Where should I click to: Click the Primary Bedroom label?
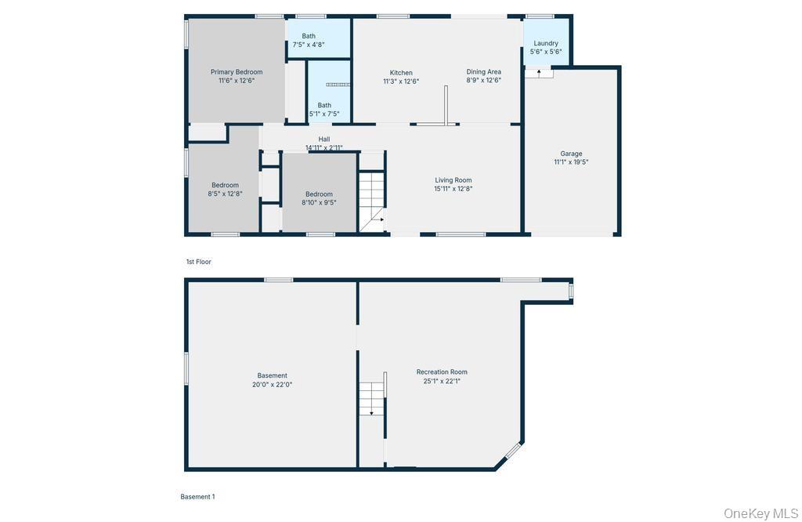coord(237,72)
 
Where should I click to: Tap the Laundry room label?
coord(546,44)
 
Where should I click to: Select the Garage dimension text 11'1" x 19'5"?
coord(571,162)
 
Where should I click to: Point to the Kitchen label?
coord(401,73)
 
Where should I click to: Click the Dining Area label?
coord(483,71)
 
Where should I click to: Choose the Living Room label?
coord(453,180)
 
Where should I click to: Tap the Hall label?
coord(323,140)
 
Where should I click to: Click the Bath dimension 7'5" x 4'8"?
coord(309,45)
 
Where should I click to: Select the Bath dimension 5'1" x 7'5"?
coord(324,114)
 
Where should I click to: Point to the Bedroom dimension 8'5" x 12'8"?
coord(225,194)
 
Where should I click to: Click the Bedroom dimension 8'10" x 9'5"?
coord(319,203)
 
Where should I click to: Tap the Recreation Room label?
coord(442,372)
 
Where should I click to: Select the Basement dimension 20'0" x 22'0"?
coord(272,384)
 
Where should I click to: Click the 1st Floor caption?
coord(198,262)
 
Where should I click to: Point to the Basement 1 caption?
coord(197,496)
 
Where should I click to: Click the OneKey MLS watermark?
coord(760,513)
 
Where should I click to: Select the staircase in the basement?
coord(371,398)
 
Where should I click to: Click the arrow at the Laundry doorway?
coord(539,73)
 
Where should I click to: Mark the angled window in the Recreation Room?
coord(513,451)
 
